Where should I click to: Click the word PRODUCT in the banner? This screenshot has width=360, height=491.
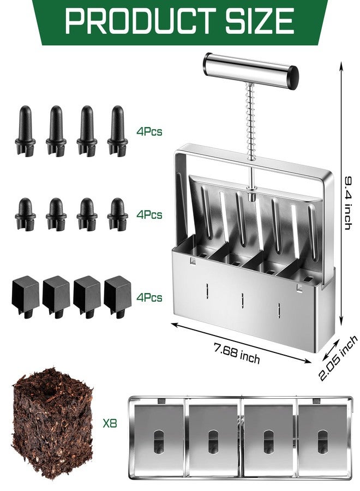[x=140, y=21]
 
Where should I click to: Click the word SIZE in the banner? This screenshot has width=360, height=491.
[x=260, y=21]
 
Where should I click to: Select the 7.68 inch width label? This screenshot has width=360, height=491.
[x=237, y=353]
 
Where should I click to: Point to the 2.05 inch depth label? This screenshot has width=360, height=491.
[x=338, y=357]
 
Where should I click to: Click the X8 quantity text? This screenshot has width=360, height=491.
[x=110, y=424]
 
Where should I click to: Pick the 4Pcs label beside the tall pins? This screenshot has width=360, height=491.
[x=149, y=131]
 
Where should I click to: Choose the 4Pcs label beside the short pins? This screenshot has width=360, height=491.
[x=149, y=215]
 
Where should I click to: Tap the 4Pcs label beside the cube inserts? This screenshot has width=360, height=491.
[x=149, y=297]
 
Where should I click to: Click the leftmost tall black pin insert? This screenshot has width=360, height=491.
[x=25, y=130]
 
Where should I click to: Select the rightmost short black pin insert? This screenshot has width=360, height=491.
[x=117, y=214]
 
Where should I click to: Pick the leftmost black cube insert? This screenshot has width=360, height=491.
[x=25, y=297]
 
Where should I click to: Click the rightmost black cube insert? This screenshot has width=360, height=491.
[x=117, y=297]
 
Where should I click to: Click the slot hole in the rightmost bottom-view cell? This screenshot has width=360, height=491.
[x=322, y=441]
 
